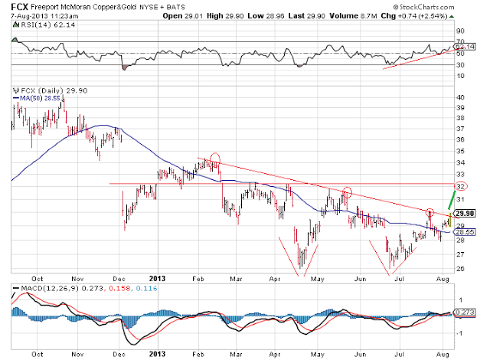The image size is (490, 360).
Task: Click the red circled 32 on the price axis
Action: point(461,185)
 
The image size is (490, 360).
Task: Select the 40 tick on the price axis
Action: point(460,97)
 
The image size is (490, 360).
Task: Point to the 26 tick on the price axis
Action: point(460,268)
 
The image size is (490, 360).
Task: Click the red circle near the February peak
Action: point(215,161)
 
